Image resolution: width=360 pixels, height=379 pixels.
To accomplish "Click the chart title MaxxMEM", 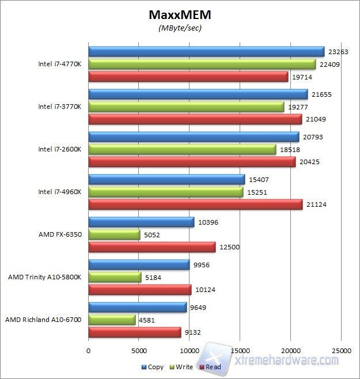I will pos(180,14).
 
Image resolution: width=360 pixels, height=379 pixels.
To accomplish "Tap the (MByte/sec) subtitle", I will pos(180,26).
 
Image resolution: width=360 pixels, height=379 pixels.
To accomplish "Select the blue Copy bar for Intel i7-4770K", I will pos(206,51).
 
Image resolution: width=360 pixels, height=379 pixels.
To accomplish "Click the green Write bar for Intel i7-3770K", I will pos(186,107).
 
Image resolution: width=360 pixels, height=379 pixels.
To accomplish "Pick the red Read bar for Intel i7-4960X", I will pos(195,204).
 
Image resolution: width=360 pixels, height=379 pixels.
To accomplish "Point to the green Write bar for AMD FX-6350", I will pos(114,234).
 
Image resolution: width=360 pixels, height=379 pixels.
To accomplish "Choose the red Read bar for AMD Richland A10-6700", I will pos(134,332).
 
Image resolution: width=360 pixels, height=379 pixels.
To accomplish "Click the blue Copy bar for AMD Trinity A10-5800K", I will pos(139,264).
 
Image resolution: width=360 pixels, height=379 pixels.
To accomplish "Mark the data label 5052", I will pos(156,234).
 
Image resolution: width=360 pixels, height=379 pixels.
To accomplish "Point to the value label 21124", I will pos(317,204).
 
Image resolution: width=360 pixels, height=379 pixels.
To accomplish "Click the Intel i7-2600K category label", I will pos(59,149).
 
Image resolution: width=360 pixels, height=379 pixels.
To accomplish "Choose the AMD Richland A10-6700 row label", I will pos(43,319).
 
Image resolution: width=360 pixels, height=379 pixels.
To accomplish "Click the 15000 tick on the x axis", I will pos(240,350).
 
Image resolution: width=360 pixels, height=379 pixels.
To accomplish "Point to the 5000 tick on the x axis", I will pos(139,350).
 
